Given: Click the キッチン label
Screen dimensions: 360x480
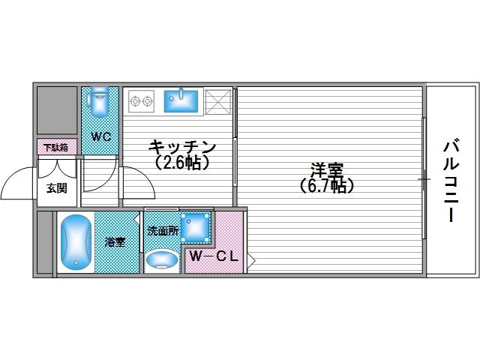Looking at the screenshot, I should [x=182, y=146].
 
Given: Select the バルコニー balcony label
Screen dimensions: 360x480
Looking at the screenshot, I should [x=450, y=180].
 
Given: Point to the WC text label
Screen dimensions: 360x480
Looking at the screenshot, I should [x=101, y=136].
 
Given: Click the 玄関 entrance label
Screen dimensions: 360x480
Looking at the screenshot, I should [x=57, y=187].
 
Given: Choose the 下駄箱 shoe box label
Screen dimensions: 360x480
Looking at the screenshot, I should [x=55, y=147].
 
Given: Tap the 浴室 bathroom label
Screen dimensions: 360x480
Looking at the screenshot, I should [x=115, y=241].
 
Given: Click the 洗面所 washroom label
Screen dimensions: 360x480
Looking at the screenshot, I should [x=162, y=232].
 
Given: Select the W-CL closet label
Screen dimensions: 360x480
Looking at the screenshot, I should [x=214, y=256].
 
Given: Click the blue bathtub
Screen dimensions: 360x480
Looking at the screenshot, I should [x=75, y=243].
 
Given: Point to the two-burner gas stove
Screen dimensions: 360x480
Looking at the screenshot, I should [x=141, y=99].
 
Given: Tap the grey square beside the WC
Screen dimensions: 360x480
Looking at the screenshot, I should [x=57, y=111].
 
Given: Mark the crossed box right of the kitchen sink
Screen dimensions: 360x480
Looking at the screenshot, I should [x=217, y=100].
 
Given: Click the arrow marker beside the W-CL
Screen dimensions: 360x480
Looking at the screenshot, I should [x=252, y=261].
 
